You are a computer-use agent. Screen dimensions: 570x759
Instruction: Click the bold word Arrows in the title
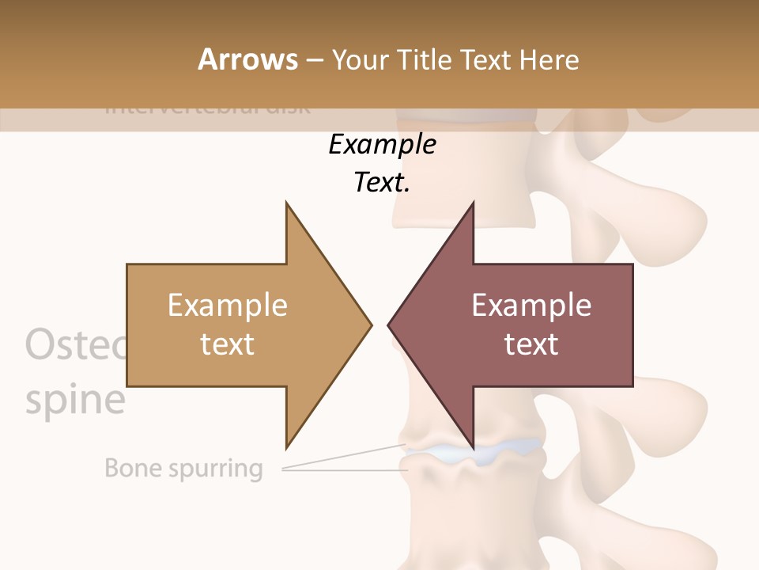coord(247,59)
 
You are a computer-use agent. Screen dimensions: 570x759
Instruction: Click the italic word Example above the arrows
coord(382,145)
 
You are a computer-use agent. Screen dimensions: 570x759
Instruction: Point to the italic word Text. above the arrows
coord(382,183)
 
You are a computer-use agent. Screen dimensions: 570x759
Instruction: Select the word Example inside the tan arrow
coord(228,306)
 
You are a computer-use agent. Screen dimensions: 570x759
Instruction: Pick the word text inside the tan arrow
coord(228,344)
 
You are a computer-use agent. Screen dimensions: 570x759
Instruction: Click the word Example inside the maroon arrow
coord(531,306)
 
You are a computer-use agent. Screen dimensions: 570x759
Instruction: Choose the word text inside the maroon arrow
coord(531,344)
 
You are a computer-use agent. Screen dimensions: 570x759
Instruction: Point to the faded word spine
coord(75,400)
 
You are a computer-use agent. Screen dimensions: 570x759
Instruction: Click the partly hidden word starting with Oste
coord(75,346)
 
